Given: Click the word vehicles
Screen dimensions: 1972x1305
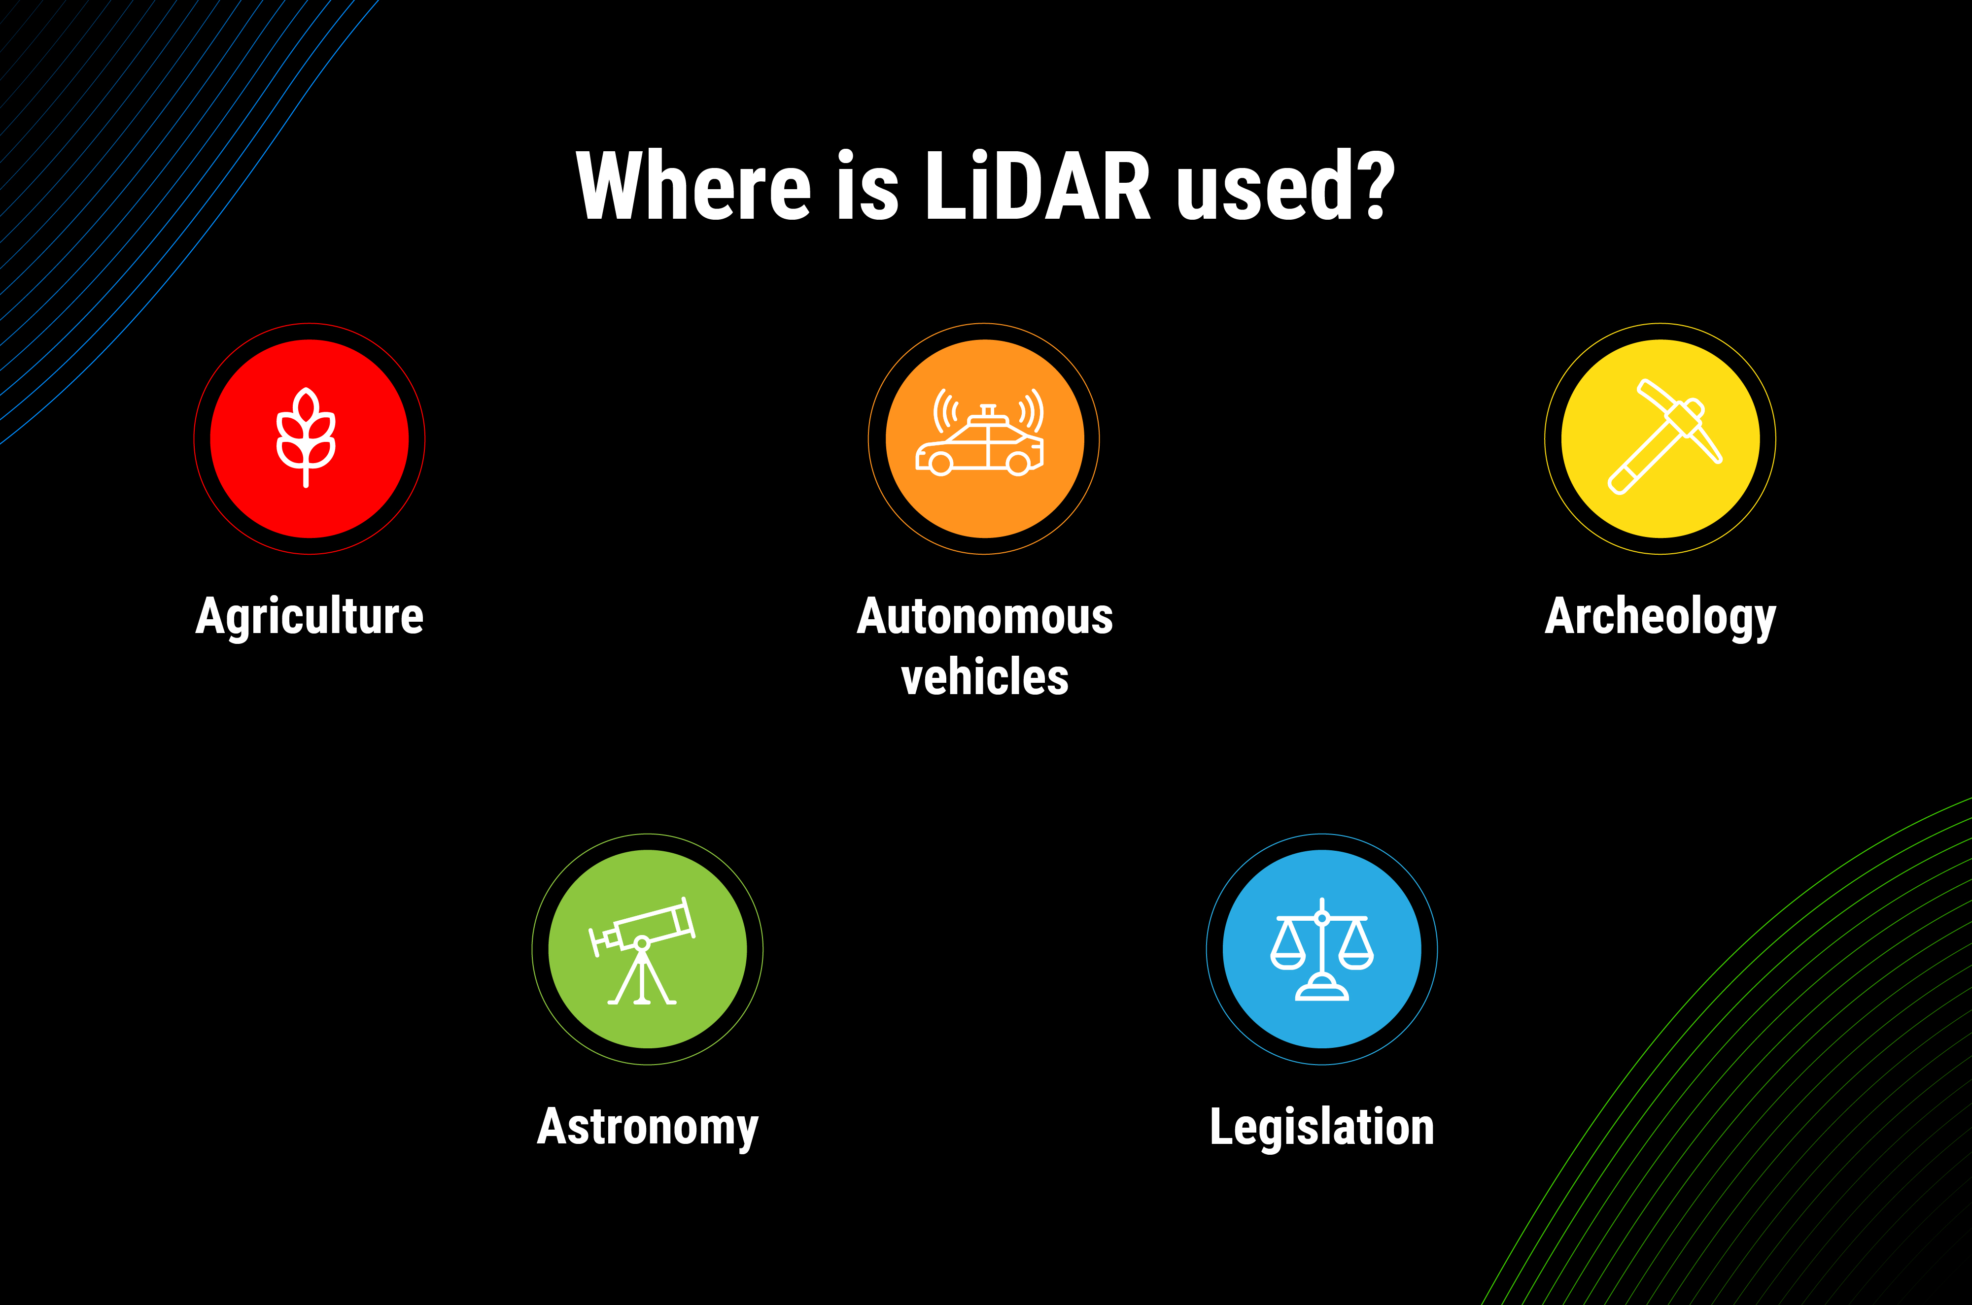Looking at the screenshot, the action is tap(985, 676).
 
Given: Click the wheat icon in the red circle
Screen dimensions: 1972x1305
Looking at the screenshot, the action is tap(307, 437).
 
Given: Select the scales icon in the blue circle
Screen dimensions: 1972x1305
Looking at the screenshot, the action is tap(1322, 950).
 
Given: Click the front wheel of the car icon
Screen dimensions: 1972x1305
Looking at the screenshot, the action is tap(940, 464).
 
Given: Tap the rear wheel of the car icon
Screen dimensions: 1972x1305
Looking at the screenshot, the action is tap(1018, 464).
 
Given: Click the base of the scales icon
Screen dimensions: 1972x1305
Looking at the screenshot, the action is tap(1322, 990).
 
